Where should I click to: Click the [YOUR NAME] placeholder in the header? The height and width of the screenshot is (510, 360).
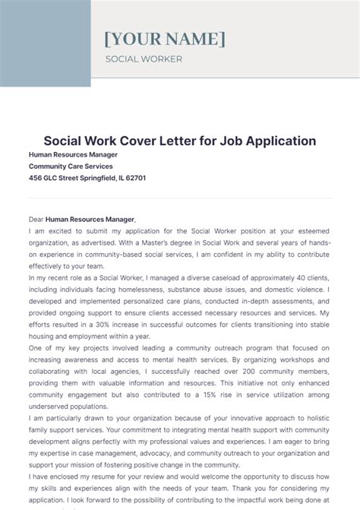point(164,39)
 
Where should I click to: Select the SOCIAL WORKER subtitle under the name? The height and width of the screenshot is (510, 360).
point(144,59)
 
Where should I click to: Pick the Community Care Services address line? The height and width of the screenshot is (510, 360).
point(71,166)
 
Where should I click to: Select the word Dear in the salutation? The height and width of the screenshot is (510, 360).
point(36,219)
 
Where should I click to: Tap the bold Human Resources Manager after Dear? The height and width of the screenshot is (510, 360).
point(90,219)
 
